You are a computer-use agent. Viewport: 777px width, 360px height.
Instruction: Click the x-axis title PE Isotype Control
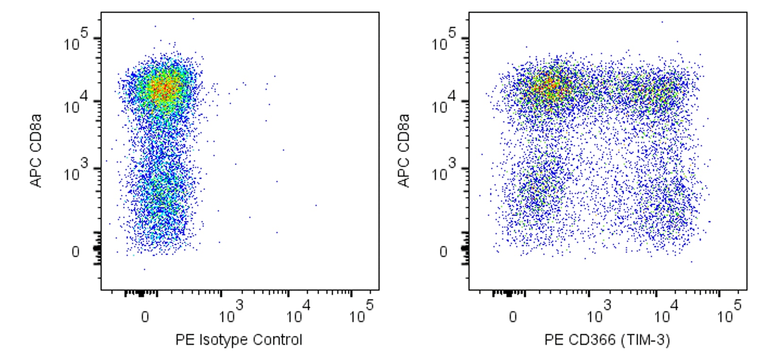pyautogui.click(x=238, y=340)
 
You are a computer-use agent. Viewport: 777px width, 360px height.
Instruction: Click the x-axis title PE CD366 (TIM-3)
pyautogui.click(x=607, y=340)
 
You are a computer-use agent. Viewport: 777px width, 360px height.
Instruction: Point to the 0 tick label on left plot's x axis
pyautogui.click(x=145, y=317)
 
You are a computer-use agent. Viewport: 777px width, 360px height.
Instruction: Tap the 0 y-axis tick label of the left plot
pyautogui.click(x=76, y=252)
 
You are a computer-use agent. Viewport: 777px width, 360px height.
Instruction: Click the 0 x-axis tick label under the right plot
pyautogui.click(x=513, y=317)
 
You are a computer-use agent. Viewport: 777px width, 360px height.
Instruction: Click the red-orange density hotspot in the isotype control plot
pyautogui.click(x=163, y=89)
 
